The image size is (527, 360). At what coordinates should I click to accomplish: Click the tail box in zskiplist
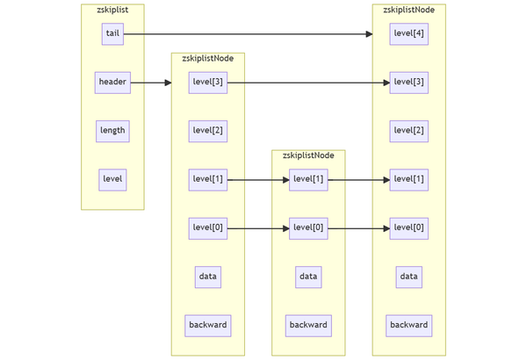point(112,34)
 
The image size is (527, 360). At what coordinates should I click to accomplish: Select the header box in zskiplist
point(112,83)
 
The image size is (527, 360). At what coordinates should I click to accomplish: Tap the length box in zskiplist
point(112,131)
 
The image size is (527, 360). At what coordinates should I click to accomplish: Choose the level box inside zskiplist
point(112,179)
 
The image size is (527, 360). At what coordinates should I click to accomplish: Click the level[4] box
point(408,34)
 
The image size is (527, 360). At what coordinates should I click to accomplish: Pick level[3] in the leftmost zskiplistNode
point(207,83)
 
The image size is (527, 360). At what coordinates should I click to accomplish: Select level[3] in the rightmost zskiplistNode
point(408,83)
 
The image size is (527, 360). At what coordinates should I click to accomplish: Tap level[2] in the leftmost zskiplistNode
point(207,131)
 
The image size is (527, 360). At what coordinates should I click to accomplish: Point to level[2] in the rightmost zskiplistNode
point(408,131)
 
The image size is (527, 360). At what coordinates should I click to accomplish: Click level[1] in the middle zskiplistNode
point(308,179)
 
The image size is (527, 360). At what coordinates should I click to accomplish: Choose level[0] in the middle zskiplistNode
point(308,228)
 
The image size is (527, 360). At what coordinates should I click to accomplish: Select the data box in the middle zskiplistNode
point(308,277)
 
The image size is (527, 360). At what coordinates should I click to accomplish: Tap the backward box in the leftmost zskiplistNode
point(207,325)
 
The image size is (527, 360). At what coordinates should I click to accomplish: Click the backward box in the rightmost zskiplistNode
point(408,325)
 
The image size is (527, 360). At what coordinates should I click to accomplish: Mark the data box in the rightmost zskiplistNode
point(408,277)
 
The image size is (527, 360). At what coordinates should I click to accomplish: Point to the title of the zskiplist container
point(112,10)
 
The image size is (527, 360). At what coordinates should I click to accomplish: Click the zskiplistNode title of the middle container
point(308,155)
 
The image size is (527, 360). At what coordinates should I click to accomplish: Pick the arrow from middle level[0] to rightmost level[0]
point(358,228)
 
